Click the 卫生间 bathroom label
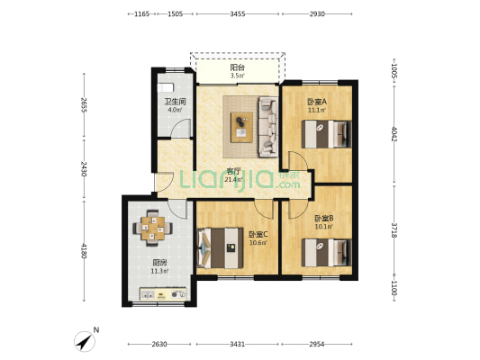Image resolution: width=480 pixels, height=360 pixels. pyautogui.click(x=175, y=101)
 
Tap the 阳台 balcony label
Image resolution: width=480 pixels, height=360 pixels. pyautogui.click(x=237, y=67)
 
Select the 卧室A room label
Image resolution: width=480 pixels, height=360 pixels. pyautogui.click(x=317, y=101)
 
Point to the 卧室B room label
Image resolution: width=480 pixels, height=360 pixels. pyautogui.click(x=324, y=219)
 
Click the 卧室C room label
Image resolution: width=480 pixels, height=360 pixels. pyautogui.click(x=258, y=235)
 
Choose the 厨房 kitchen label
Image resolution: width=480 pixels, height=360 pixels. pyautogui.click(x=159, y=263)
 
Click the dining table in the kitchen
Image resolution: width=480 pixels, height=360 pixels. pyautogui.click(x=153, y=229)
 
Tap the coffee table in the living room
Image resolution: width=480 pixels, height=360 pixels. pyautogui.click(x=242, y=127)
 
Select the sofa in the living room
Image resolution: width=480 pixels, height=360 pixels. pyautogui.click(x=268, y=127)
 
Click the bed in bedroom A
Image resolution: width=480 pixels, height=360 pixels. pyautogui.click(x=326, y=134)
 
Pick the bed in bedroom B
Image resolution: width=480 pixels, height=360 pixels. pyautogui.click(x=326, y=253)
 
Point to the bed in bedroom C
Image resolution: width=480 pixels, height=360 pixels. pyautogui.click(x=220, y=248)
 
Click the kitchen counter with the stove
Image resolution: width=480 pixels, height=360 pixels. pyautogui.click(x=163, y=294)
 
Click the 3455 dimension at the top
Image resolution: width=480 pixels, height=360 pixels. pyautogui.click(x=238, y=13)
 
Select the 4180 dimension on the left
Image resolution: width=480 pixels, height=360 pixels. pyautogui.click(x=84, y=251)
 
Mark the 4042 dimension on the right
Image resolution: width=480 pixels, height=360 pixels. pyautogui.click(x=394, y=134)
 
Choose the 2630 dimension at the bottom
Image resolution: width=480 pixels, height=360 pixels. pyautogui.click(x=159, y=344)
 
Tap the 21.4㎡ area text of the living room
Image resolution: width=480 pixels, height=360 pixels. pyautogui.click(x=233, y=179)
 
